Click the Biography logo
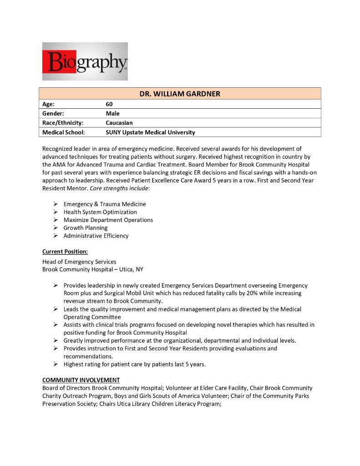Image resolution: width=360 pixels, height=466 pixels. point(85,61)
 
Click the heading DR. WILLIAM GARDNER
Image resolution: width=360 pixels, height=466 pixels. point(179,94)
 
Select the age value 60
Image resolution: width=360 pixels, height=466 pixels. point(109,104)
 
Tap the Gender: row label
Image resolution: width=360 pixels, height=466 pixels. point(53,113)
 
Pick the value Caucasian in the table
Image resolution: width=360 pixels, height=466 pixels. point(119,123)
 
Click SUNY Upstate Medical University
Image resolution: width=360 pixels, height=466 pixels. point(150,132)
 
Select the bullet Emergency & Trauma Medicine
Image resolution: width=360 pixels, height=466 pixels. point(105,204)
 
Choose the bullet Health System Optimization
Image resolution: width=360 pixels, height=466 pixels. point(100,212)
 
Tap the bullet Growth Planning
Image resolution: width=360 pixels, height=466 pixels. point(86,228)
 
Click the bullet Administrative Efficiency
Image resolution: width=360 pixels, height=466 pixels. point(96,236)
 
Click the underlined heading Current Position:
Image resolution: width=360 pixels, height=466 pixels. point(65,252)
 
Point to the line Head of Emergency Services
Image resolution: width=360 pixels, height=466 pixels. point(79,262)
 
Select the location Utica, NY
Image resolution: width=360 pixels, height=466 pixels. point(131,269)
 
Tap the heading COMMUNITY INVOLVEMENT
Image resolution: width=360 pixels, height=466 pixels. point(81,380)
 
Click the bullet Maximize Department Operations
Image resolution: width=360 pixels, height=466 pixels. point(108,220)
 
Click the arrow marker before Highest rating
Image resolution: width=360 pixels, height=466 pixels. point(55,364)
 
